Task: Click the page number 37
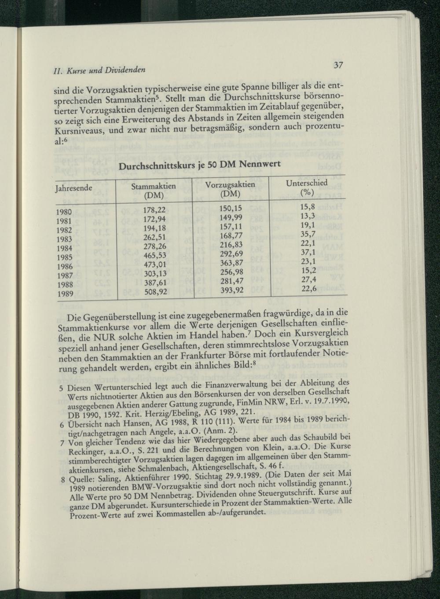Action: (337, 65)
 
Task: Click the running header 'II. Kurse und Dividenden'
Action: (99, 70)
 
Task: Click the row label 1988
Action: (65, 284)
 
